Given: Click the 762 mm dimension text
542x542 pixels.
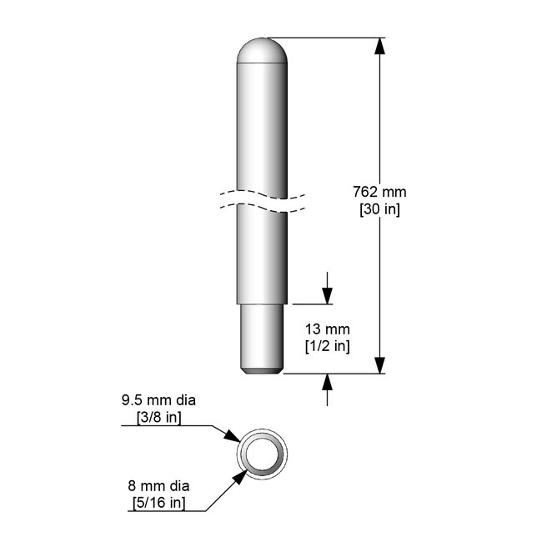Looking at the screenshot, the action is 379,192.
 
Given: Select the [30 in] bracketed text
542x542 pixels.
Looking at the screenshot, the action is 379,209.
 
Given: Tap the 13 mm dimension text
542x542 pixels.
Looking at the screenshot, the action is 328,329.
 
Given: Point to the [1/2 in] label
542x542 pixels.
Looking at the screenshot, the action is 328,346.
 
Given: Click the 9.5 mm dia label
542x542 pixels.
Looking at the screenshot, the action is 158,400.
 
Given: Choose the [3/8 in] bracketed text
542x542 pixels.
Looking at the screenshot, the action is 159,418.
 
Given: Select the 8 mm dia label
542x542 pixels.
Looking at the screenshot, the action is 158,486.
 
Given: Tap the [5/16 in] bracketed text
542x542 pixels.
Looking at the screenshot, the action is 159,503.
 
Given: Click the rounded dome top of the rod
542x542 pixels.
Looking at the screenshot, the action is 262,51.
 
